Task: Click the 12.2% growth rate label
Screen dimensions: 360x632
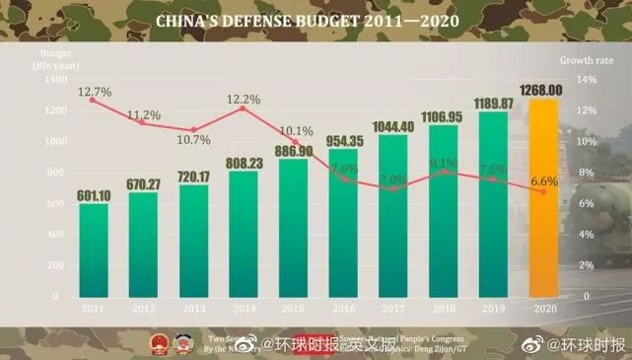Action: point(243,100)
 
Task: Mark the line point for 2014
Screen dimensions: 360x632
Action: point(243,108)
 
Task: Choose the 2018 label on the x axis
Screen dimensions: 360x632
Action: point(442,309)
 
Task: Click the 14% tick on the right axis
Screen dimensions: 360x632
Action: point(588,79)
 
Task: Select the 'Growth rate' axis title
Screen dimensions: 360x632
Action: point(583,60)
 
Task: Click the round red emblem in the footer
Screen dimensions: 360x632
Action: point(159,344)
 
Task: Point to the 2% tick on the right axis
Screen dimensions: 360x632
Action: point(586,265)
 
